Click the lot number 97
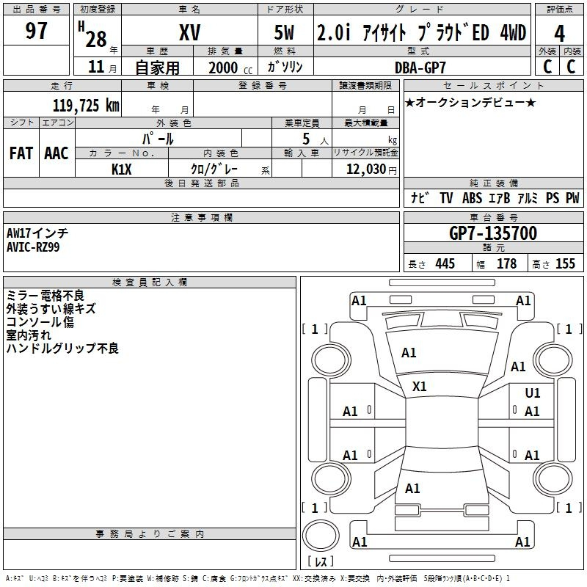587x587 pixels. coord(37,32)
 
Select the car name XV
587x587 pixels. coord(189,32)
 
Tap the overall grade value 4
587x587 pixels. coord(560,33)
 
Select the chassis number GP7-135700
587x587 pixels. coord(492,234)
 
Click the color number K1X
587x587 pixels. coord(122,169)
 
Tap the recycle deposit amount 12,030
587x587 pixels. coord(360,169)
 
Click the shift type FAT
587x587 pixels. coord(21,153)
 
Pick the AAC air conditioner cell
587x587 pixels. coord(56,153)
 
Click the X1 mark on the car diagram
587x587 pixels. coord(420,386)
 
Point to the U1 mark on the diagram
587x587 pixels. coord(533,393)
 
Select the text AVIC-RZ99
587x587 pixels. coord(34,247)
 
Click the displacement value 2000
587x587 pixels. coord(223,68)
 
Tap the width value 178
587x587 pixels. coord(506,263)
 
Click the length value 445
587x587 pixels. coord(445,263)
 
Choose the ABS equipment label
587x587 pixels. coord(472,198)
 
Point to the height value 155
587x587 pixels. coord(565,263)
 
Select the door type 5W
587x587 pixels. coord(286,32)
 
